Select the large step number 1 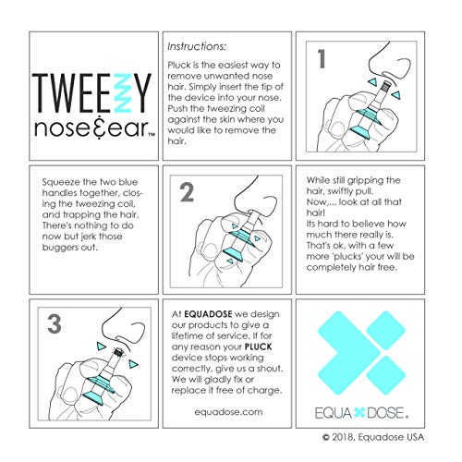tap(322, 60)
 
